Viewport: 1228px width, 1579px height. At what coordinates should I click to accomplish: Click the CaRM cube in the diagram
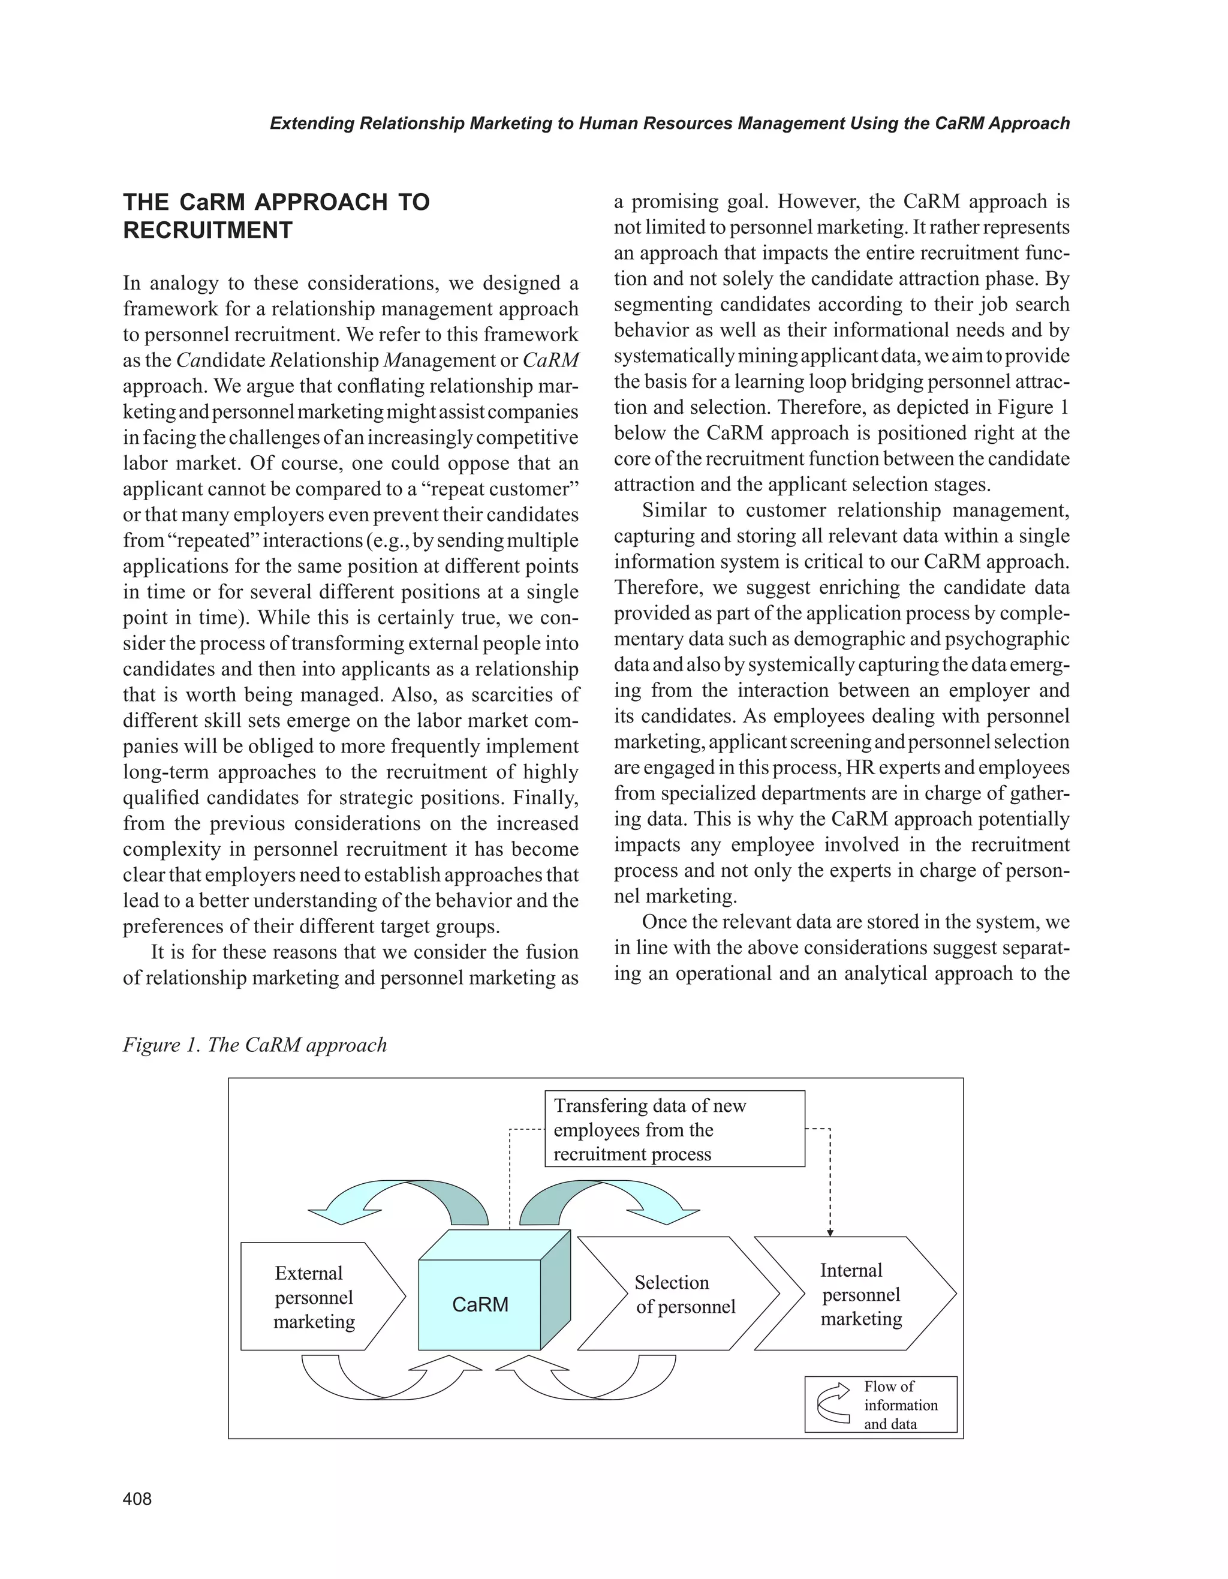pyautogui.click(x=480, y=1304)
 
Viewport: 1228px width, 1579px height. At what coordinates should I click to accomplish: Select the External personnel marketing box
pyautogui.click(x=314, y=1297)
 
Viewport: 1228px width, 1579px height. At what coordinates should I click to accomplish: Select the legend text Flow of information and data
pyautogui.click(x=900, y=1404)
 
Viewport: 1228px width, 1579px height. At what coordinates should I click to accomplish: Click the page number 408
pyautogui.click(x=137, y=1499)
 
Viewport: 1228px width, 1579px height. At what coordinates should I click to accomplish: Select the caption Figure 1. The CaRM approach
pyautogui.click(x=254, y=1045)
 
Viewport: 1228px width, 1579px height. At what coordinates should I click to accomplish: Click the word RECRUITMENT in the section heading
pyautogui.click(x=207, y=231)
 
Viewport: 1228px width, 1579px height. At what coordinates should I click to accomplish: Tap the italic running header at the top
pyautogui.click(x=669, y=124)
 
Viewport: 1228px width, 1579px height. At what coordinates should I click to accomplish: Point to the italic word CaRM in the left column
pyautogui.click(x=551, y=360)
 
